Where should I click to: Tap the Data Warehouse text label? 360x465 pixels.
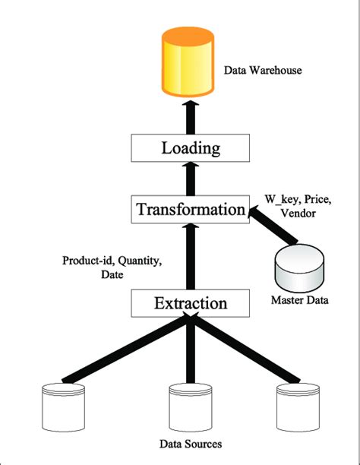(263, 71)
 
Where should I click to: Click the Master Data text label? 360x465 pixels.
(299, 301)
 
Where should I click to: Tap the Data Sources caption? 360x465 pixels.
(189, 444)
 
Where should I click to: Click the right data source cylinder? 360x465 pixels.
(297, 406)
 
